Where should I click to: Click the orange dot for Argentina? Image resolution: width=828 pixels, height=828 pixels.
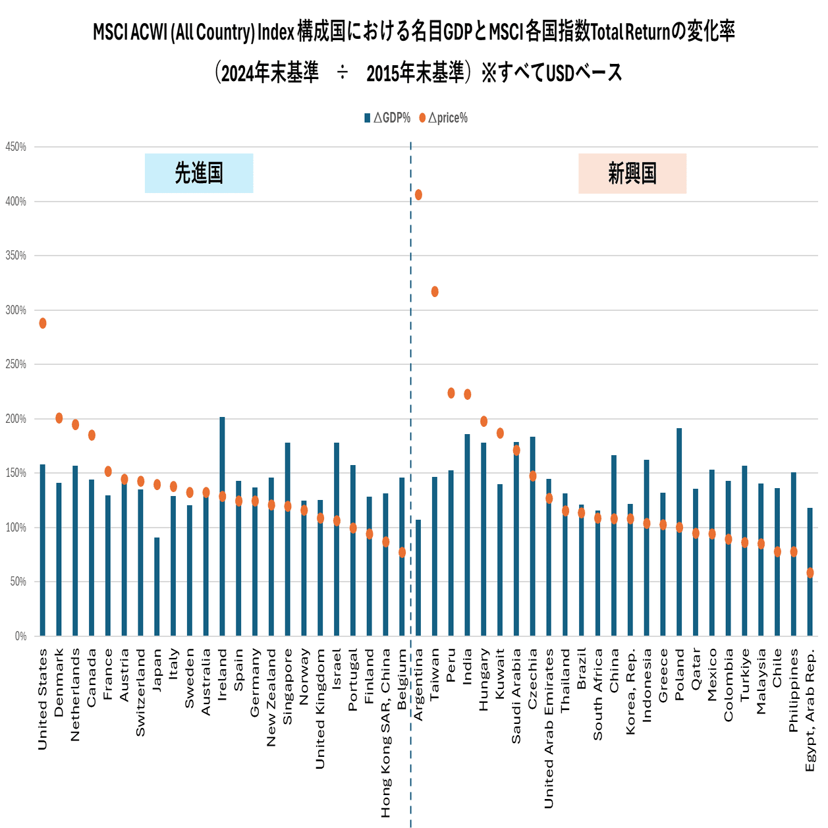[x=418, y=195]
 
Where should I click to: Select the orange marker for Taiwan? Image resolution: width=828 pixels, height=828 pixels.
[x=435, y=292]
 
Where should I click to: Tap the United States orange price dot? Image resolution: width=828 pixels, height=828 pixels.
[x=43, y=323]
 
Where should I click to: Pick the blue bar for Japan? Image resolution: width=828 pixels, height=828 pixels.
[x=157, y=586]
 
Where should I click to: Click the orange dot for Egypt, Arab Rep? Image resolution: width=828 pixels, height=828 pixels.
[x=810, y=573]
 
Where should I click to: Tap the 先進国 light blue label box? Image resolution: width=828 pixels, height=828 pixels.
[x=198, y=173]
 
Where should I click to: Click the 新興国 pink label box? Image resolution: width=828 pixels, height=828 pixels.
[x=632, y=174]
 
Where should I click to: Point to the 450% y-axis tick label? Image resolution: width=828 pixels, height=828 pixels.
[x=16, y=147]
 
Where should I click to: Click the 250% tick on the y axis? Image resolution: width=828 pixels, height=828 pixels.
[x=16, y=364]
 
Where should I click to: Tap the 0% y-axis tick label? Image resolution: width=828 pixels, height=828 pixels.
[x=20, y=636]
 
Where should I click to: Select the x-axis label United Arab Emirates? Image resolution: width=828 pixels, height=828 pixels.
[x=549, y=728]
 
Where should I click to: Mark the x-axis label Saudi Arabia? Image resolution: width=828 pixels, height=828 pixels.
[x=516, y=696]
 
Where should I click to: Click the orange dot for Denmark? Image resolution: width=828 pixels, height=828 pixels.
[x=59, y=418]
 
